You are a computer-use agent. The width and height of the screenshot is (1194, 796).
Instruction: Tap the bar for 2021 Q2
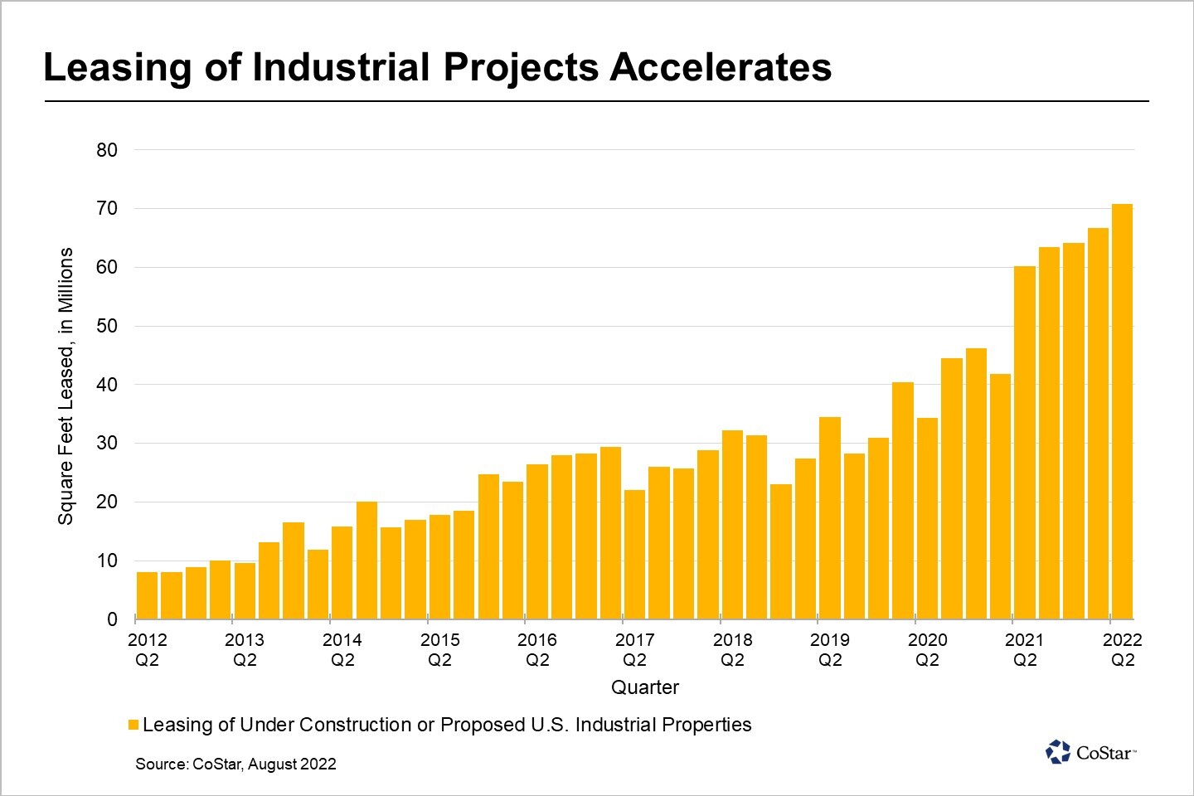[1025, 443]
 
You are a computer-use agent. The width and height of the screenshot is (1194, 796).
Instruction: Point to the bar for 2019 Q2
[830, 518]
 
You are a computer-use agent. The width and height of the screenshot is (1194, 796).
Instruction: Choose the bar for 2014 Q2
[342, 573]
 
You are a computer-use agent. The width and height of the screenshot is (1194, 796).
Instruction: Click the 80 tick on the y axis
[107, 150]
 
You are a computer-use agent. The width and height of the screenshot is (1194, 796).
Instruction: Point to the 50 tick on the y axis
[107, 326]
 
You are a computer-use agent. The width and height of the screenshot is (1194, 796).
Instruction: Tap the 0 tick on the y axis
[112, 619]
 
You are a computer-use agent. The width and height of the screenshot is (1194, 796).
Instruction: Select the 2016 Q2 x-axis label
[537, 650]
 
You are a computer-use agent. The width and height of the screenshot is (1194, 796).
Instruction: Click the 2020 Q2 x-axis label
[927, 650]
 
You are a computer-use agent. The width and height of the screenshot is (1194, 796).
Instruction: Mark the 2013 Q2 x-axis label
[245, 650]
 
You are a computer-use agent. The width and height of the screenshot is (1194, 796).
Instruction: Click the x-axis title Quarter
[644, 687]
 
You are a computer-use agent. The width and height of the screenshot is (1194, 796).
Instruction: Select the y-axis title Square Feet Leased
[66, 386]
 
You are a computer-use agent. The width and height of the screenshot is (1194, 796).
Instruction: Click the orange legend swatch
[133, 726]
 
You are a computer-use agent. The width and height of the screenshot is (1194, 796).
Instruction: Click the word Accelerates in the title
[721, 67]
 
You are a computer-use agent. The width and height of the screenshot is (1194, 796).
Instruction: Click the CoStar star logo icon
[1058, 752]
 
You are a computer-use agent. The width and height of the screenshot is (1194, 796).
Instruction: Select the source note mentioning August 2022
[236, 764]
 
